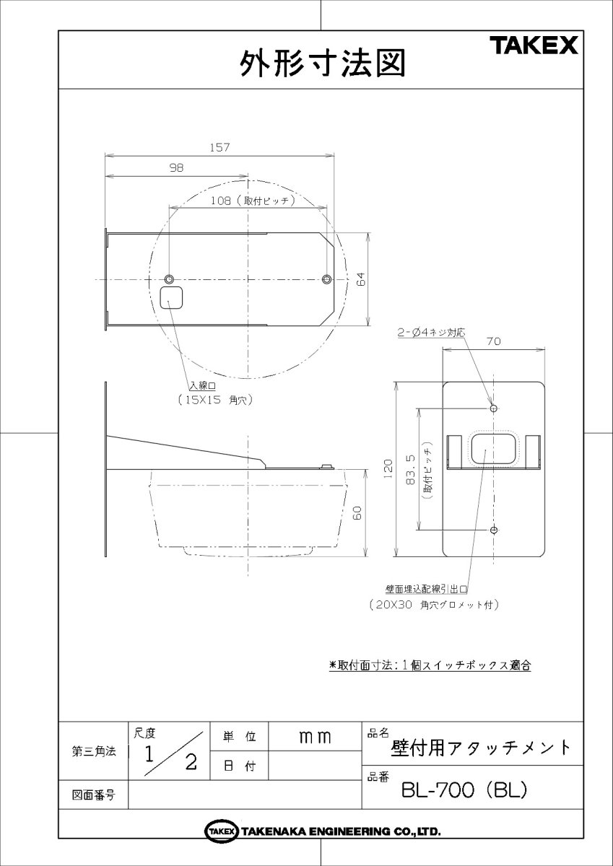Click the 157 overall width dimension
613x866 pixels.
click(x=219, y=147)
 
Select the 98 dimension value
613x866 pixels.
click(x=176, y=167)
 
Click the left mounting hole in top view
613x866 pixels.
click(x=170, y=279)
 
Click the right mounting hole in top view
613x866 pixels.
click(x=327, y=279)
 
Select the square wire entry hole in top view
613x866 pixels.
click(x=171, y=297)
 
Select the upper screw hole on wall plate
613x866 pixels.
click(x=494, y=408)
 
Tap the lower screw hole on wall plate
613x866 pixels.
click(x=494, y=530)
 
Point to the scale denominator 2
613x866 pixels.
click(x=191, y=763)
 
